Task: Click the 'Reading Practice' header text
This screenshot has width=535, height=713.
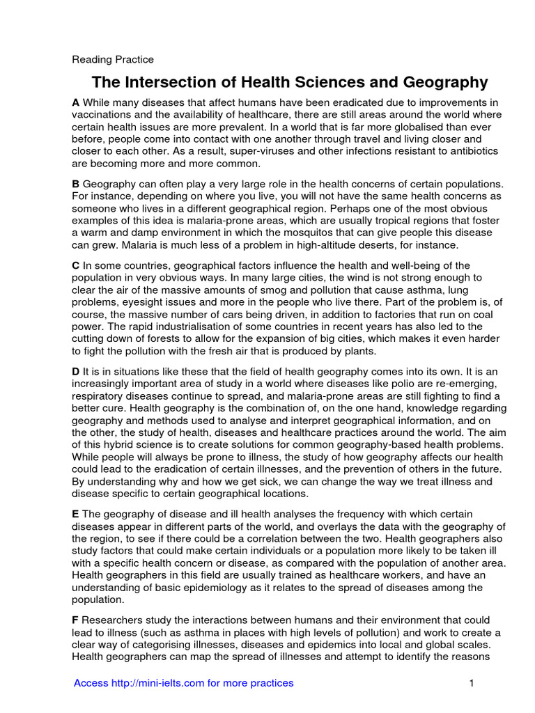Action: (x=113, y=59)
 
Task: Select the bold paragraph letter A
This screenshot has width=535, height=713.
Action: (x=76, y=102)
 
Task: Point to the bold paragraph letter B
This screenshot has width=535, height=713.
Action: (x=76, y=184)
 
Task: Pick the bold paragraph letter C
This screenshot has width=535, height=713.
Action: (x=76, y=265)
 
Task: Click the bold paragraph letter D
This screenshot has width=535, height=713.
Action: (x=76, y=372)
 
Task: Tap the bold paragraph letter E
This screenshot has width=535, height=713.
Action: (x=76, y=513)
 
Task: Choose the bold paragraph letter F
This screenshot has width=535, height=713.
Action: (x=76, y=620)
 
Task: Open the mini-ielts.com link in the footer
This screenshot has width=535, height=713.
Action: (x=184, y=683)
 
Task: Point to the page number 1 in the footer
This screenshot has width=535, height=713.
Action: (x=472, y=683)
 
